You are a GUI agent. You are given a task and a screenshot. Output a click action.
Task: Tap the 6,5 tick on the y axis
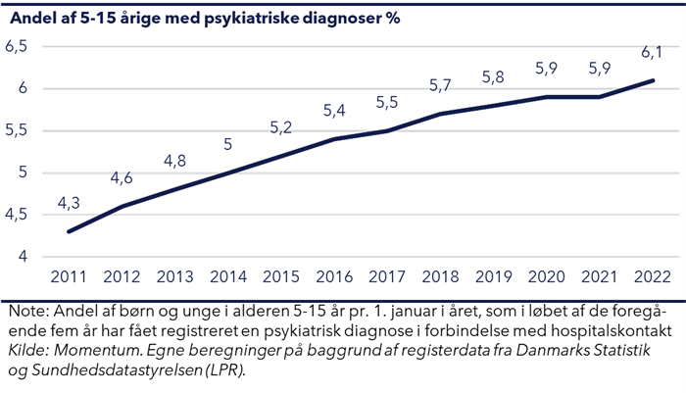pos(19,47)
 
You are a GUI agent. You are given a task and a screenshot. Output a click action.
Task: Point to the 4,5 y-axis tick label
pos(19,216)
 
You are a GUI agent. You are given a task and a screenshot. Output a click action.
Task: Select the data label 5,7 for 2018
pos(440,86)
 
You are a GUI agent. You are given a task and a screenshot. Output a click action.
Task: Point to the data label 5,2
pos(280,128)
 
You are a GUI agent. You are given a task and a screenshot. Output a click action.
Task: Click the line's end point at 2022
pos(653,80)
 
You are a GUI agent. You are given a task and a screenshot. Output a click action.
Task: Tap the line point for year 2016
pos(333,139)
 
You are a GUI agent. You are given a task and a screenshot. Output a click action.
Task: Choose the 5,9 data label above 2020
pos(546,70)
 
